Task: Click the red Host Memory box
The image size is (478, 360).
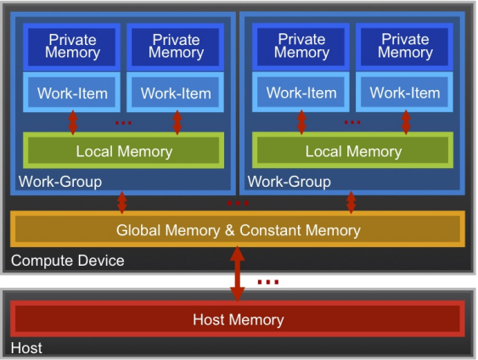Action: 238,320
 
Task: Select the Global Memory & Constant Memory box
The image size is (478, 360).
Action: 238,230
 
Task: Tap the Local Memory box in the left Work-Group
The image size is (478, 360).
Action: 124,151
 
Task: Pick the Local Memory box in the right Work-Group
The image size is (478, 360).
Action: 352,151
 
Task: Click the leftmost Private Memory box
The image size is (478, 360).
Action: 72,46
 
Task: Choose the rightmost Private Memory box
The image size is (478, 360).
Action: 405,46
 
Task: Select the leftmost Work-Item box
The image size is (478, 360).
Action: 72,93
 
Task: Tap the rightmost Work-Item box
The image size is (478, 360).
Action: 405,93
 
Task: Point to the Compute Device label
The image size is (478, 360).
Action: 67,261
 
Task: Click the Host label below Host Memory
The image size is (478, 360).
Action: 26,348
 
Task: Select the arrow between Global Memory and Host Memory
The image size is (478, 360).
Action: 238,273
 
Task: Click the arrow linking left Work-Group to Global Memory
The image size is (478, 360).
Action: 121,202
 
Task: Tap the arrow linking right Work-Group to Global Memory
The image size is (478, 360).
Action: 351,202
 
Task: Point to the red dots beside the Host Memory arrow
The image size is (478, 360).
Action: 267,282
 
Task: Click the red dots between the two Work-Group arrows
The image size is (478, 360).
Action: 238,204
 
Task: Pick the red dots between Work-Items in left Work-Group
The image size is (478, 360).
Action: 123,123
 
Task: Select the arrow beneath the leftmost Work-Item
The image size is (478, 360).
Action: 72,121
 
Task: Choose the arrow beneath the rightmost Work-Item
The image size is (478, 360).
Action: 405,121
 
